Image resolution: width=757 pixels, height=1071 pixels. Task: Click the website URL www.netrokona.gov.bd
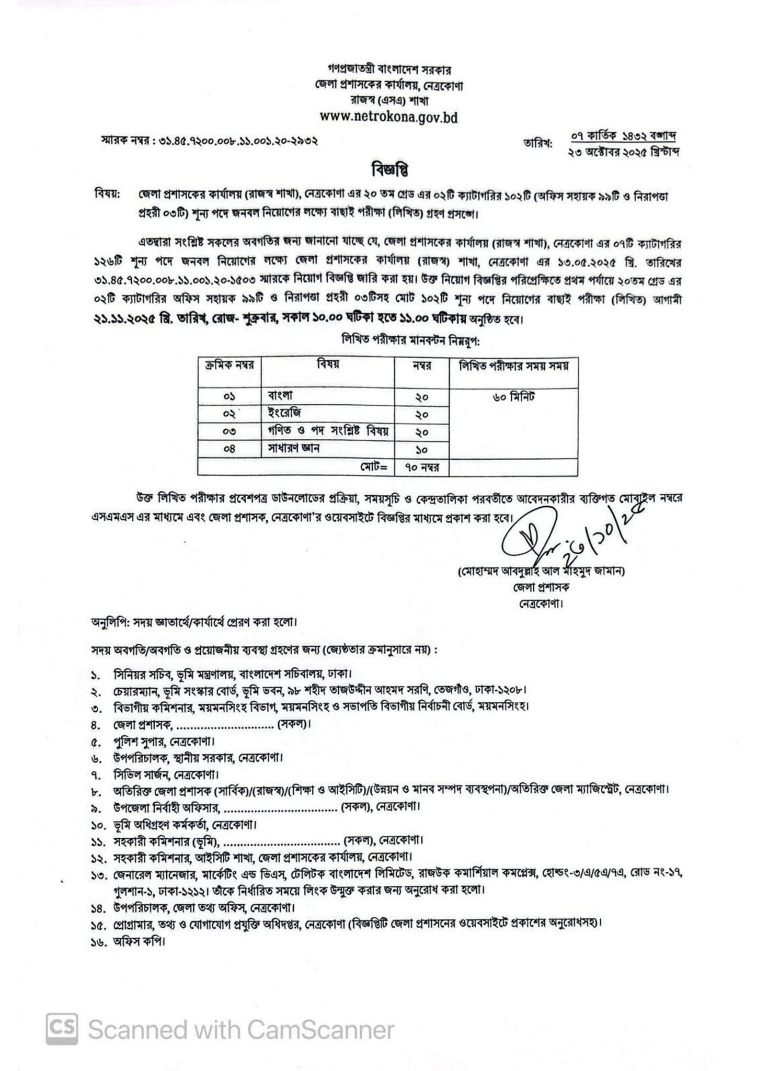click(388, 118)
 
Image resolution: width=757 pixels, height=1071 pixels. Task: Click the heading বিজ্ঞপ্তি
click(389, 171)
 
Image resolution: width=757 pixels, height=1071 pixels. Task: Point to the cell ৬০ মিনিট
click(513, 397)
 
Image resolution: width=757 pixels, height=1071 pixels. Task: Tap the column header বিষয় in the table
click(327, 365)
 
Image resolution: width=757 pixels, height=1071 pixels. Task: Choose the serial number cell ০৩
click(230, 431)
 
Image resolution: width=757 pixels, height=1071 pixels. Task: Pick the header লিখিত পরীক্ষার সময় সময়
click(513, 366)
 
